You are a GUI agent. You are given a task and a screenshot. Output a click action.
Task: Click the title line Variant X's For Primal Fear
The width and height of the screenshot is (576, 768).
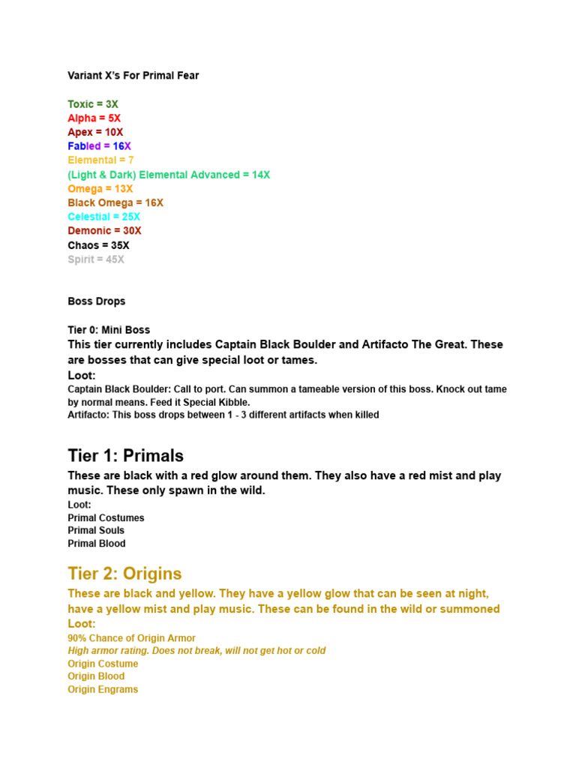click(133, 76)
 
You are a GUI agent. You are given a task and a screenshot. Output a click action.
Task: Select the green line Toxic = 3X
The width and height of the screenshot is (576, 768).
click(93, 104)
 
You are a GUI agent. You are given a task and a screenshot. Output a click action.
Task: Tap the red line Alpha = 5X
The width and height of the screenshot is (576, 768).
click(94, 118)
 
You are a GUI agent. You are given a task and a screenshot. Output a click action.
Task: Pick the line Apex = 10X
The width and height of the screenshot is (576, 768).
click(95, 132)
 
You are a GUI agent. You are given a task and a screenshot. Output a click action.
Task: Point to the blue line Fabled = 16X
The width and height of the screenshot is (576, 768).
click(99, 146)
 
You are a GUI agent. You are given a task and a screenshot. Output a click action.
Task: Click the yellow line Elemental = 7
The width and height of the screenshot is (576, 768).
click(100, 160)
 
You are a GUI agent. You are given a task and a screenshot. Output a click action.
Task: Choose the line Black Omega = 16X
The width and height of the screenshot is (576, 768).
click(115, 202)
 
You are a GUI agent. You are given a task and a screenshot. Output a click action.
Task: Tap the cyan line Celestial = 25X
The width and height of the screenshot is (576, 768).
click(104, 217)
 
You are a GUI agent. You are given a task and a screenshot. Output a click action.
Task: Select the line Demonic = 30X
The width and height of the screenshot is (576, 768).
click(104, 231)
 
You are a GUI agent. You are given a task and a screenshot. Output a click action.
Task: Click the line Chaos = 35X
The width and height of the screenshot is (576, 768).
click(98, 245)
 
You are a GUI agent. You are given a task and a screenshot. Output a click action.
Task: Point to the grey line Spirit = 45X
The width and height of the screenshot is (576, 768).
click(96, 259)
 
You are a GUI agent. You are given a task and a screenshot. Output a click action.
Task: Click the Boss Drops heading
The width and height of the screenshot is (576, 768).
click(97, 301)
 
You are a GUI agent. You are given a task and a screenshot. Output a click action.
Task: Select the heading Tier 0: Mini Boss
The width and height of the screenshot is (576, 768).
click(109, 330)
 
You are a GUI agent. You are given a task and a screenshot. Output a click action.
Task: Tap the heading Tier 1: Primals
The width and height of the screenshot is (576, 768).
click(125, 456)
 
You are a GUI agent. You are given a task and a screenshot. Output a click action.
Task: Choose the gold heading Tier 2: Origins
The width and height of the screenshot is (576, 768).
click(124, 574)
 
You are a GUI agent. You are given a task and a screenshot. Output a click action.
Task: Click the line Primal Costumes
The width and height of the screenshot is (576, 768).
click(106, 518)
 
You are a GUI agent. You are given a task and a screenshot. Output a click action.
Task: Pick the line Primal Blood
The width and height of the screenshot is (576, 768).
click(97, 544)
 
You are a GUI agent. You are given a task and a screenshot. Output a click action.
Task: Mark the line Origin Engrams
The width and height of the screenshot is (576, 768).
click(103, 689)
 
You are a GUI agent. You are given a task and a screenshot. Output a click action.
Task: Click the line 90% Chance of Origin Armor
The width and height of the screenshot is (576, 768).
click(131, 638)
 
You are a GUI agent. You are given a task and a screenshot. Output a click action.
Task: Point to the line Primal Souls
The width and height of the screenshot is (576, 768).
click(96, 531)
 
